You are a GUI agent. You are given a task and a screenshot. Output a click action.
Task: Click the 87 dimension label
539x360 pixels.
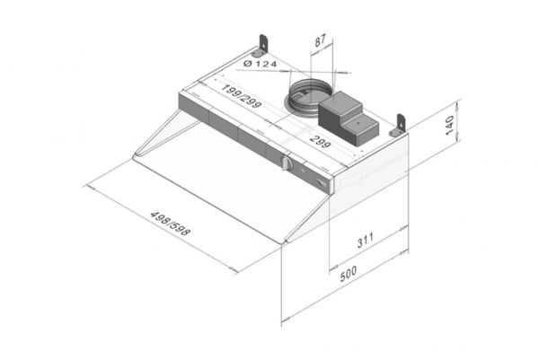click(320, 40)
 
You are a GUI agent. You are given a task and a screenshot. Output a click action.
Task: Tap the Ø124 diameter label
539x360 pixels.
click(260, 64)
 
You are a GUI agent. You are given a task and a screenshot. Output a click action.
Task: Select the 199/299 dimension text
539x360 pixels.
click(242, 96)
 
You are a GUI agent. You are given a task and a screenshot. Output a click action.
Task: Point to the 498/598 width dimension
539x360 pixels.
click(170, 224)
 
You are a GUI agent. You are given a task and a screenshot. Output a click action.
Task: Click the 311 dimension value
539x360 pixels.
click(366, 240)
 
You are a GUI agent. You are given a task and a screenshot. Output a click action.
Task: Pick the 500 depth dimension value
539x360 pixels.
click(349, 274)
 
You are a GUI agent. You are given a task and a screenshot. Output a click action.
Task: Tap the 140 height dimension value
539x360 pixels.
click(449, 126)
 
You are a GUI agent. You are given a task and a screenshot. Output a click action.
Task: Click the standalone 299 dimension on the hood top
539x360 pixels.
click(320, 141)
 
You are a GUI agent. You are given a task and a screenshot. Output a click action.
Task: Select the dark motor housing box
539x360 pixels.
click(349, 118)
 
